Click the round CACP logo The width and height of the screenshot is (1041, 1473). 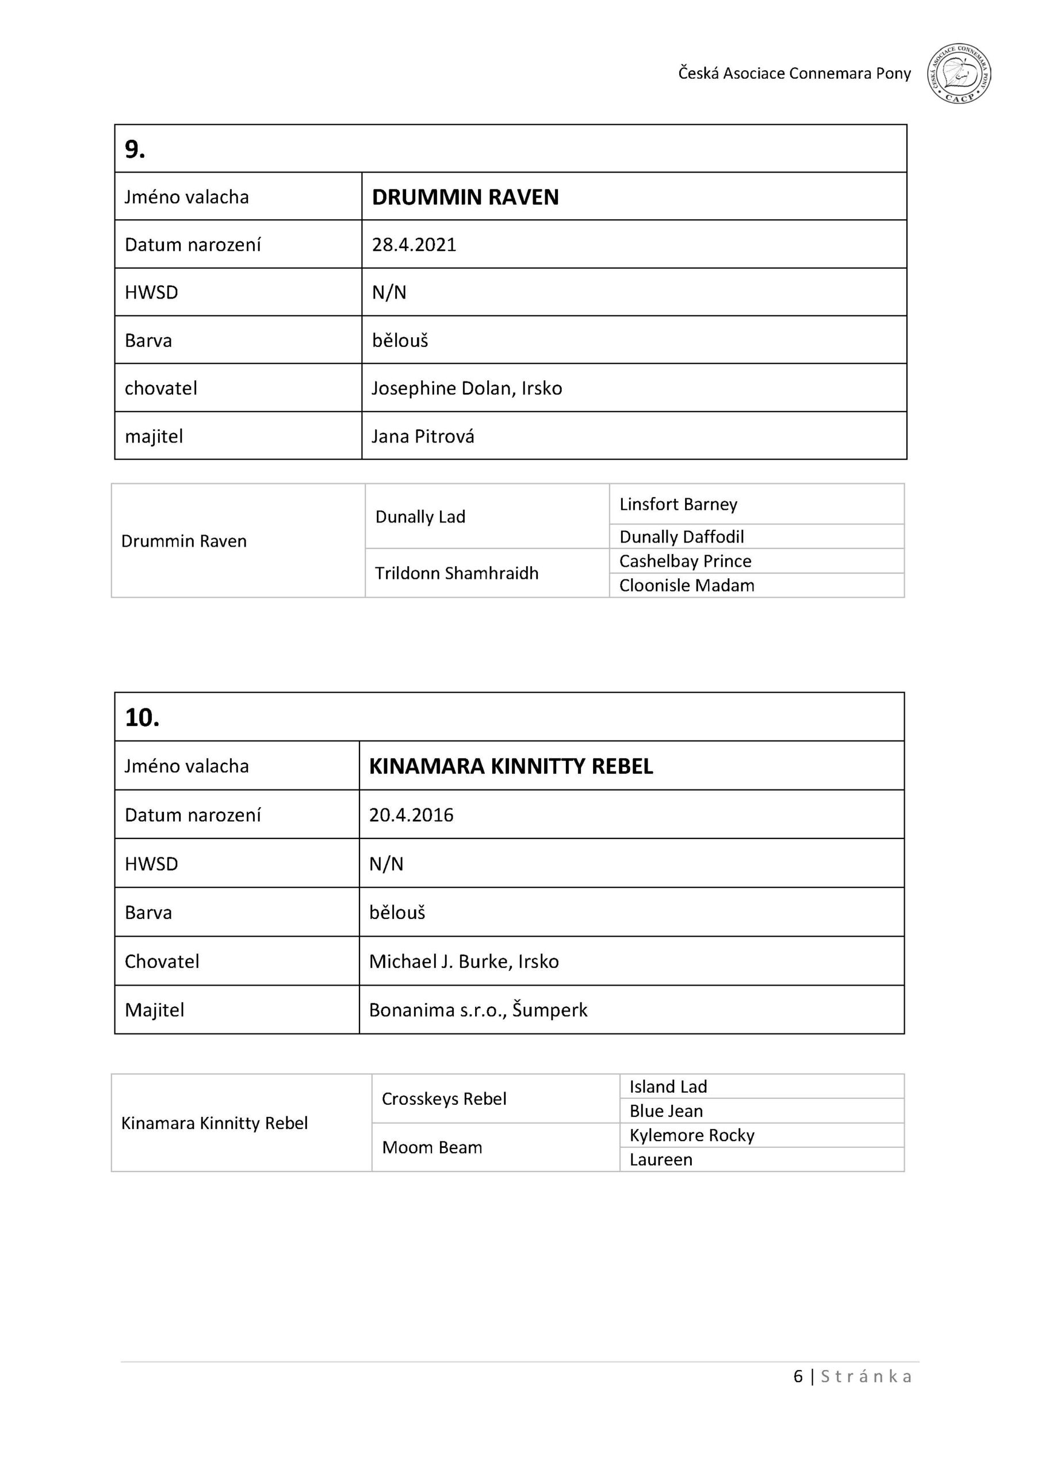958,74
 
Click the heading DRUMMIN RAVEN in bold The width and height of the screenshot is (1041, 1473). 465,197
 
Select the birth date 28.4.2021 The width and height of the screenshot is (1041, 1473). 414,245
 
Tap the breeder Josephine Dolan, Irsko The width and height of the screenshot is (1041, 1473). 466,388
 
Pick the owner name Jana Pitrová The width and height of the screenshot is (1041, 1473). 423,436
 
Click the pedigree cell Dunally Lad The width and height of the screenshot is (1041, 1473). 420,517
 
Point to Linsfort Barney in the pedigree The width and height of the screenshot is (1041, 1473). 678,504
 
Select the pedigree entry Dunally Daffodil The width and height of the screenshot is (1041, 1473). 681,536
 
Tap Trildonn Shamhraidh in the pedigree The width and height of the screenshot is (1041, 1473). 456,573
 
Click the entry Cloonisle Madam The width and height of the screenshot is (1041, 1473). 686,585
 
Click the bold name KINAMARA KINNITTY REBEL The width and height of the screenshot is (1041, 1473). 511,766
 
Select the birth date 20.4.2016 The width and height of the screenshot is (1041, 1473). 411,815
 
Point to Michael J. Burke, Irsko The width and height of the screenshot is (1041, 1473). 464,961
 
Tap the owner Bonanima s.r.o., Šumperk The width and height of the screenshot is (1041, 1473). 478,1010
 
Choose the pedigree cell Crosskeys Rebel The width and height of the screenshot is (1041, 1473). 444,1099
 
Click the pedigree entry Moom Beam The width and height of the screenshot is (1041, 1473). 432,1147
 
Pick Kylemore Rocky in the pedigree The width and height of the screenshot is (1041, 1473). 691,1135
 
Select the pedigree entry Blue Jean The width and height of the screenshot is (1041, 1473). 666,1111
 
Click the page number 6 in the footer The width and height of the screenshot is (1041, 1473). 798,1376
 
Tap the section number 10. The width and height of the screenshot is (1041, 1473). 141,718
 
